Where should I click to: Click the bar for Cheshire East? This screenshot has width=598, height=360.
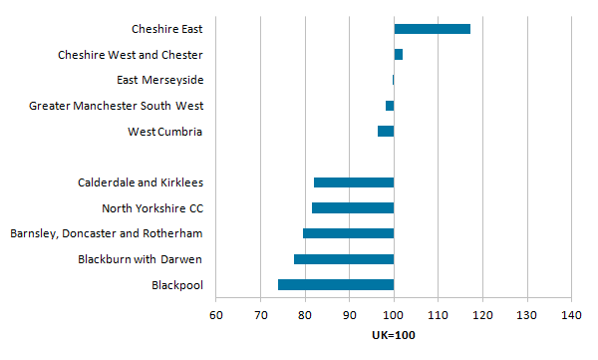pyautogui.click(x=432, y=29)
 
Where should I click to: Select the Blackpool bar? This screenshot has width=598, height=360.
pyautogui.click(x=336, y=285)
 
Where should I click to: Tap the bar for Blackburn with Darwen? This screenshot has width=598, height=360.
pyautogui.click(x=344, y=259)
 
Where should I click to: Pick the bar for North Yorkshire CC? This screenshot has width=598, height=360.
pyautogui.click(x=353, y=208)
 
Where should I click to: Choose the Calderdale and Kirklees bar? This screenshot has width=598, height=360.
pyautogui.click(x=354, y=182)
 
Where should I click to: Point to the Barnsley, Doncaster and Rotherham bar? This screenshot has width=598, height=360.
pyautogui.click(x=349, y=233)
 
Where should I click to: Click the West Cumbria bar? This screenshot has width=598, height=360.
pyautogui.click(x=386, y=132)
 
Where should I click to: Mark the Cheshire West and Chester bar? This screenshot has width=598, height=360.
pyautogui.click(x=399, y=54)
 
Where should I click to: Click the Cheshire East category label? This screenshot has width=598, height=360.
pyautogui.click(x=167, y=30)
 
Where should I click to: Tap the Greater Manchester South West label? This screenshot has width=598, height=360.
pyautogui.click(x=117, y=106)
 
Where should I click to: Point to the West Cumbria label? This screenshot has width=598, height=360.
pyautogui.click(x=165, y=132)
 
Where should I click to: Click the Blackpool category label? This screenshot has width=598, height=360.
pyautogui.click(x=177, y=286)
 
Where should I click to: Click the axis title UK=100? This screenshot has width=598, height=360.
pyautogui.click(x=394, y=335)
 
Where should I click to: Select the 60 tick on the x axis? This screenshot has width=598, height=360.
pyautogui.click(x=215, y=316)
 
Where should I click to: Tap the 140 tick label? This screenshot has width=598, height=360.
pyautogui.click(x=571, y=316)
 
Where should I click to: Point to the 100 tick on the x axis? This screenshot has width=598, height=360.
pyautogui.click(x=394, y=316)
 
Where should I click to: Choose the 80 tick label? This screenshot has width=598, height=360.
pyautogui.click(x=305, y=316)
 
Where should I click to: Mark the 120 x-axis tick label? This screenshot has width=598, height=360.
pyautogui.click(x=482, y=316)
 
